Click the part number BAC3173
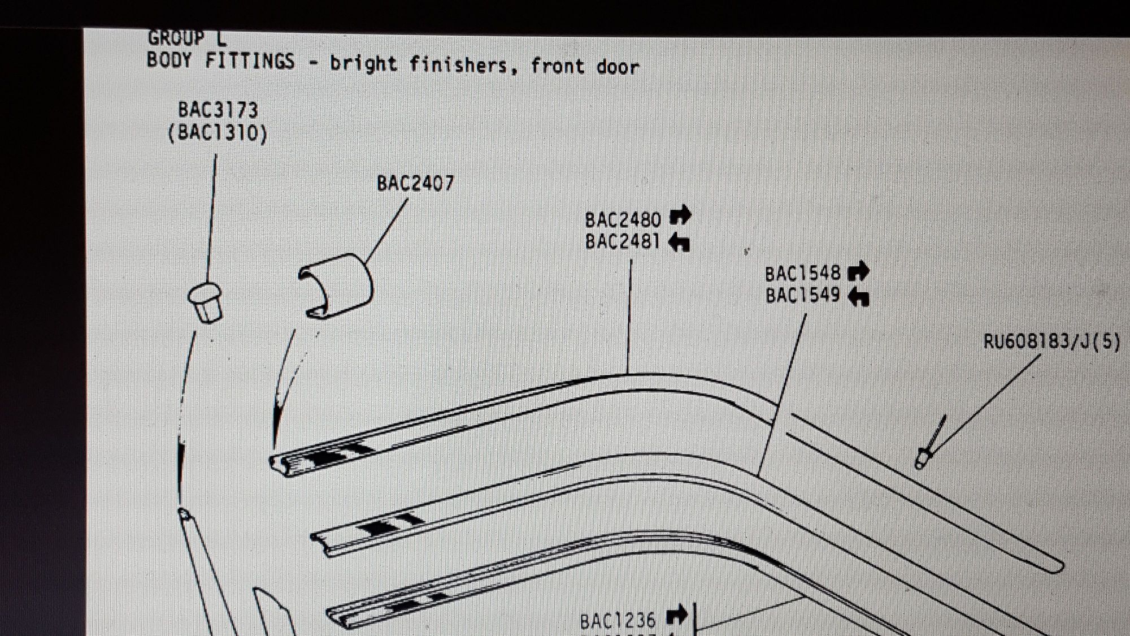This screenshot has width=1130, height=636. [x=218, y=110]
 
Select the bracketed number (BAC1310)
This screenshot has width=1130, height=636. [x=218, y=133]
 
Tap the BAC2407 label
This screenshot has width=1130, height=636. [x=415, y=183]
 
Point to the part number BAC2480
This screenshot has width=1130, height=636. [x=623, y=220]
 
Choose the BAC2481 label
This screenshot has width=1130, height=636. [x=622, y=241]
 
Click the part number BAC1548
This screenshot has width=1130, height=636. [x=803, y=274]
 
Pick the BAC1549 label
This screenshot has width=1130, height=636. [x=803, y=295]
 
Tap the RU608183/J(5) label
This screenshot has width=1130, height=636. [x=1051, y=341]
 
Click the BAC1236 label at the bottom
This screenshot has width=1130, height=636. [x=618, y=621]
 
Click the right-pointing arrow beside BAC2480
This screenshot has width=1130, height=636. [x=680, y=215]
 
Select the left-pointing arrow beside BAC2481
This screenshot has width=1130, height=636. [x=679, y=243]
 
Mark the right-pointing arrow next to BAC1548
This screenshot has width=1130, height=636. [x=859, y=271]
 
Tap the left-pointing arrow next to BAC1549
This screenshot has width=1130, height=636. [x=859, y=296]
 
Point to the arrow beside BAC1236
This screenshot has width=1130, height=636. [x=677, y=615]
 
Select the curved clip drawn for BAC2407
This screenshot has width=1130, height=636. [x=336, y=285]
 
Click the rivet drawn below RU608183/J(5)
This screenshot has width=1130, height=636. [x=930, y=443]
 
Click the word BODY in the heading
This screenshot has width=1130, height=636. [x=169, y=60]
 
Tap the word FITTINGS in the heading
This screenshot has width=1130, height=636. [x=250, y=61]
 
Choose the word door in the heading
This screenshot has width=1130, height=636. [x=618, y=67]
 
